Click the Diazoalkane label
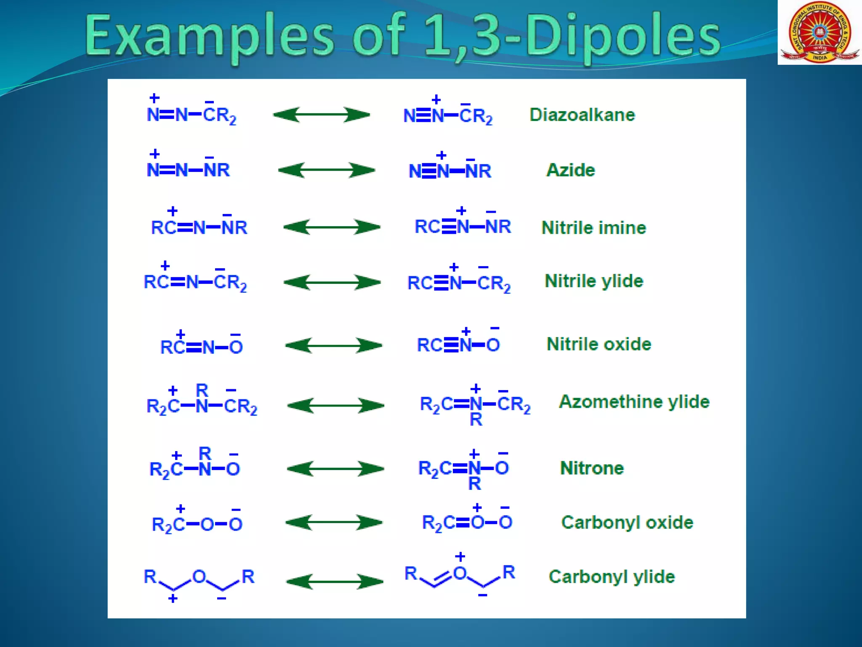pyautogui.click(x=582, y=115)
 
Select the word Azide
pyautogui.click(x=570, y=170)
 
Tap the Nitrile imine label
pyautogui.click(x=593, y=227)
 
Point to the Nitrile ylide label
pyautogui.click(x=594, y=281)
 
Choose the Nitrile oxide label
pyautogui.click(x=599, y=344)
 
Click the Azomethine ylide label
pyautogui.click(x=634, y=401)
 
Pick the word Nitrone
pyautogui.click(x=592, y=468)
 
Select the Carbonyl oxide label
pyautogui.click(x=627, y=522)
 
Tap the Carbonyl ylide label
pyautogui.click(x=612, y=577)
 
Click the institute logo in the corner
pyautogui.click(x=819, y=32)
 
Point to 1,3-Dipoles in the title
pyautogui.click(x=572, y=36)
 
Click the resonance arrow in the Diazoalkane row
pyautogui.click(x=321, y=115)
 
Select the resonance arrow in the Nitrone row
pyautogui.click(x=335, y=468)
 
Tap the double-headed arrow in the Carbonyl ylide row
pyautogui.click(x=334, y=582)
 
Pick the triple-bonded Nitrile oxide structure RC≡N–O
pyautogui.click(x=458, y=344)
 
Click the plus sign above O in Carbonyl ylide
pyautogui.click(x=460, y=557)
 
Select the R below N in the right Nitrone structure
pyautogui.click(x=474, y=484)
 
